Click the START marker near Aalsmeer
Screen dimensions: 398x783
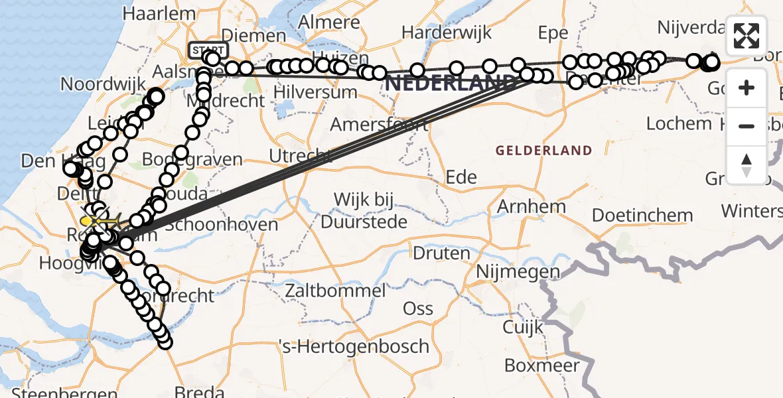(x=208, y=50)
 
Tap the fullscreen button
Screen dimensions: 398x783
(x=747, y=36)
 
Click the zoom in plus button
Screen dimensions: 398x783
(x=747, y=88)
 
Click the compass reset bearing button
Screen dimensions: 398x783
(x=747, y=165)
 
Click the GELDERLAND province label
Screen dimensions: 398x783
(x=543, y=151)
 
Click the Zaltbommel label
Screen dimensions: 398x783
(x=335, y=291)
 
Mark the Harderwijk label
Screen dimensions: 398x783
(x=446, y=31)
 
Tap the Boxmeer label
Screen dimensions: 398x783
(x=541, y=365)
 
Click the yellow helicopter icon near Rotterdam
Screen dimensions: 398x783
(x=88, y=220)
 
